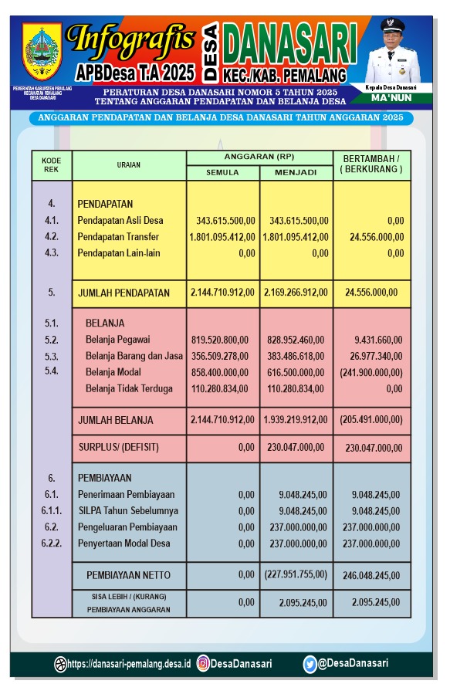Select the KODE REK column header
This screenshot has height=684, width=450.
tap(52, 164)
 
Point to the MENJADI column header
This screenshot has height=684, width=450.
tap(296, 172)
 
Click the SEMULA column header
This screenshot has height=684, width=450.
tap(222, 172)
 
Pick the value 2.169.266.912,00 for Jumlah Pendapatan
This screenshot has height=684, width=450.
tap(296, 293)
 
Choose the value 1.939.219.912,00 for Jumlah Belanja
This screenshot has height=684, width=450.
tap(296, 420)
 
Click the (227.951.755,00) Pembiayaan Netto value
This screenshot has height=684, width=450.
tap(296, 574)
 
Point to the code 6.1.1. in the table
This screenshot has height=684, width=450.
tap(52, 511)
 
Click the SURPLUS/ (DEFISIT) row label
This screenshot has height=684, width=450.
tap(115, 447)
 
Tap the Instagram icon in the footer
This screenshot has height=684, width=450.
tap(203, 663)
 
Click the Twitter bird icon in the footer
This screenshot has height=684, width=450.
tap(310, 663)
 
